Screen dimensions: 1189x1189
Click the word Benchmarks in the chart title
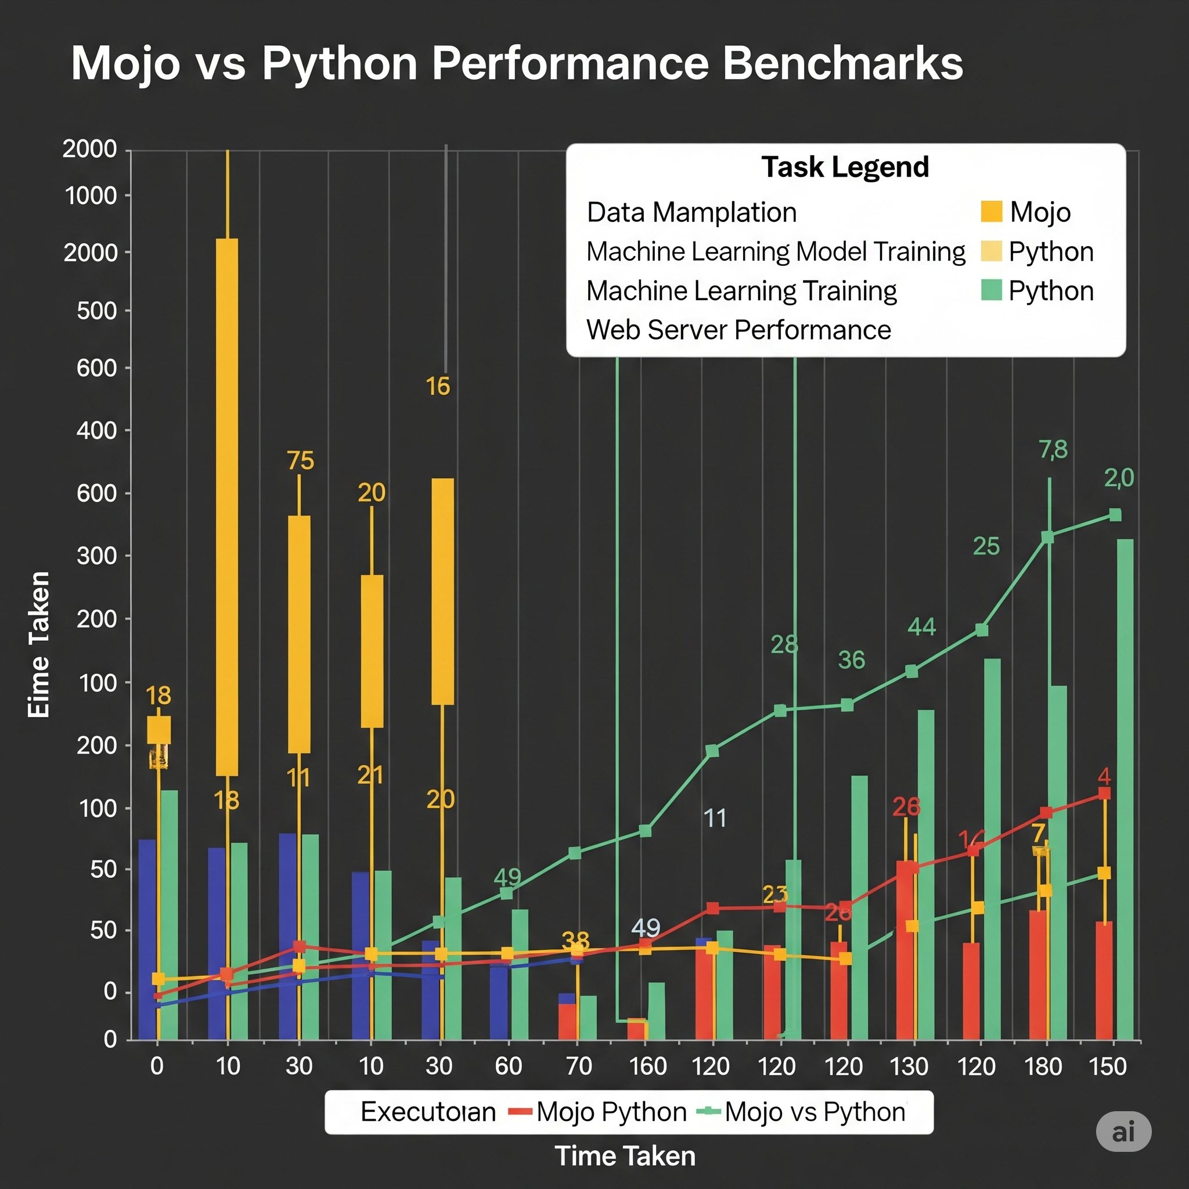[842, 63]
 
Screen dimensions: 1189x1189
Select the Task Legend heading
[845, 167]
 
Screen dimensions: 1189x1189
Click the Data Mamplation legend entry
[691, 213]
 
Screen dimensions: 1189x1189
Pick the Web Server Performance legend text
[738, 330]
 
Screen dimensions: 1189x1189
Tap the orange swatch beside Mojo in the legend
[991, 211]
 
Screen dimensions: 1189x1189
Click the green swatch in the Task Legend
[991, 290]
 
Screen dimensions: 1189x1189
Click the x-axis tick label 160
[647, 1066]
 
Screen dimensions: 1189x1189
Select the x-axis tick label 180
[1043, 1066]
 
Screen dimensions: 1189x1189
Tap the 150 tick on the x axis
[1107, 1066]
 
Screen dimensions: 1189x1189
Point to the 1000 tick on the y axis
[91, 196]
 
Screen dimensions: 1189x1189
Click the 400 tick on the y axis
[96, 431]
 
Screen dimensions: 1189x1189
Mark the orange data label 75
[300, 461]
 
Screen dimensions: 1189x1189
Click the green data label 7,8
[1053, 450]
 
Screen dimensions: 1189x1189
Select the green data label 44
[921, 627]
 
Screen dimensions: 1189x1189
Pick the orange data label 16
[438, 387]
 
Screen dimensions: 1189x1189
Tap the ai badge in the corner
[1123, 1132]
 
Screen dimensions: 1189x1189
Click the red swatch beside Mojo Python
[520, 1111]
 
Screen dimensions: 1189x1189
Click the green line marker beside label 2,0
[1115, 515]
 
